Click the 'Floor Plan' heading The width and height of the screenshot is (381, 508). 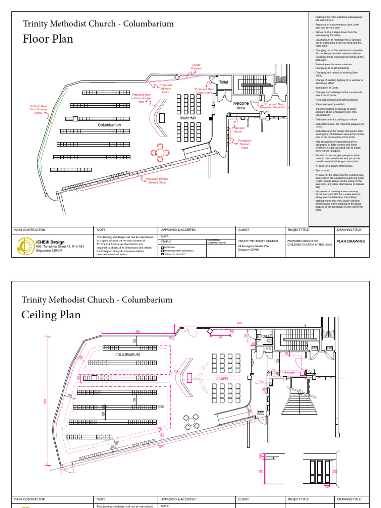coord(48,39)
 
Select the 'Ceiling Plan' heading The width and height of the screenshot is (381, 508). coord(51,315)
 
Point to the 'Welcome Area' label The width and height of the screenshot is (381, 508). coord(241,105)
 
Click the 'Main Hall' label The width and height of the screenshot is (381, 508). coord(188,118)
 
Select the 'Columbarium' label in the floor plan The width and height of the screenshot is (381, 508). coord(109,125)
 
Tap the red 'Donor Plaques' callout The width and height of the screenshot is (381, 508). coord(198,66)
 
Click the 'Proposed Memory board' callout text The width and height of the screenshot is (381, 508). coord(165,88)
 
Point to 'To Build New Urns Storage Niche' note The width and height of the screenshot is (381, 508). coord(38,109)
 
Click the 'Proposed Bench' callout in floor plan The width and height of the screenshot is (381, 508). coord(238,130)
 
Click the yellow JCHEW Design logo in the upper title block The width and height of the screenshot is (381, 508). coord(26,246)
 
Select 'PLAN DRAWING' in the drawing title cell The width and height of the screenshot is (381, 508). coord(351,241)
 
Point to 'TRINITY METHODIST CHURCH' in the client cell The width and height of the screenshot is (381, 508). coord(258,241)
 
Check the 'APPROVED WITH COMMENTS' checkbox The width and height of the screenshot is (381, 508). coord(162,251)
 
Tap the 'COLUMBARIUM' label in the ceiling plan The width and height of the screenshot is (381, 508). coord(127,355)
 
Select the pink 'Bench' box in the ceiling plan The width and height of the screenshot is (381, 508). coord(289,372)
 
